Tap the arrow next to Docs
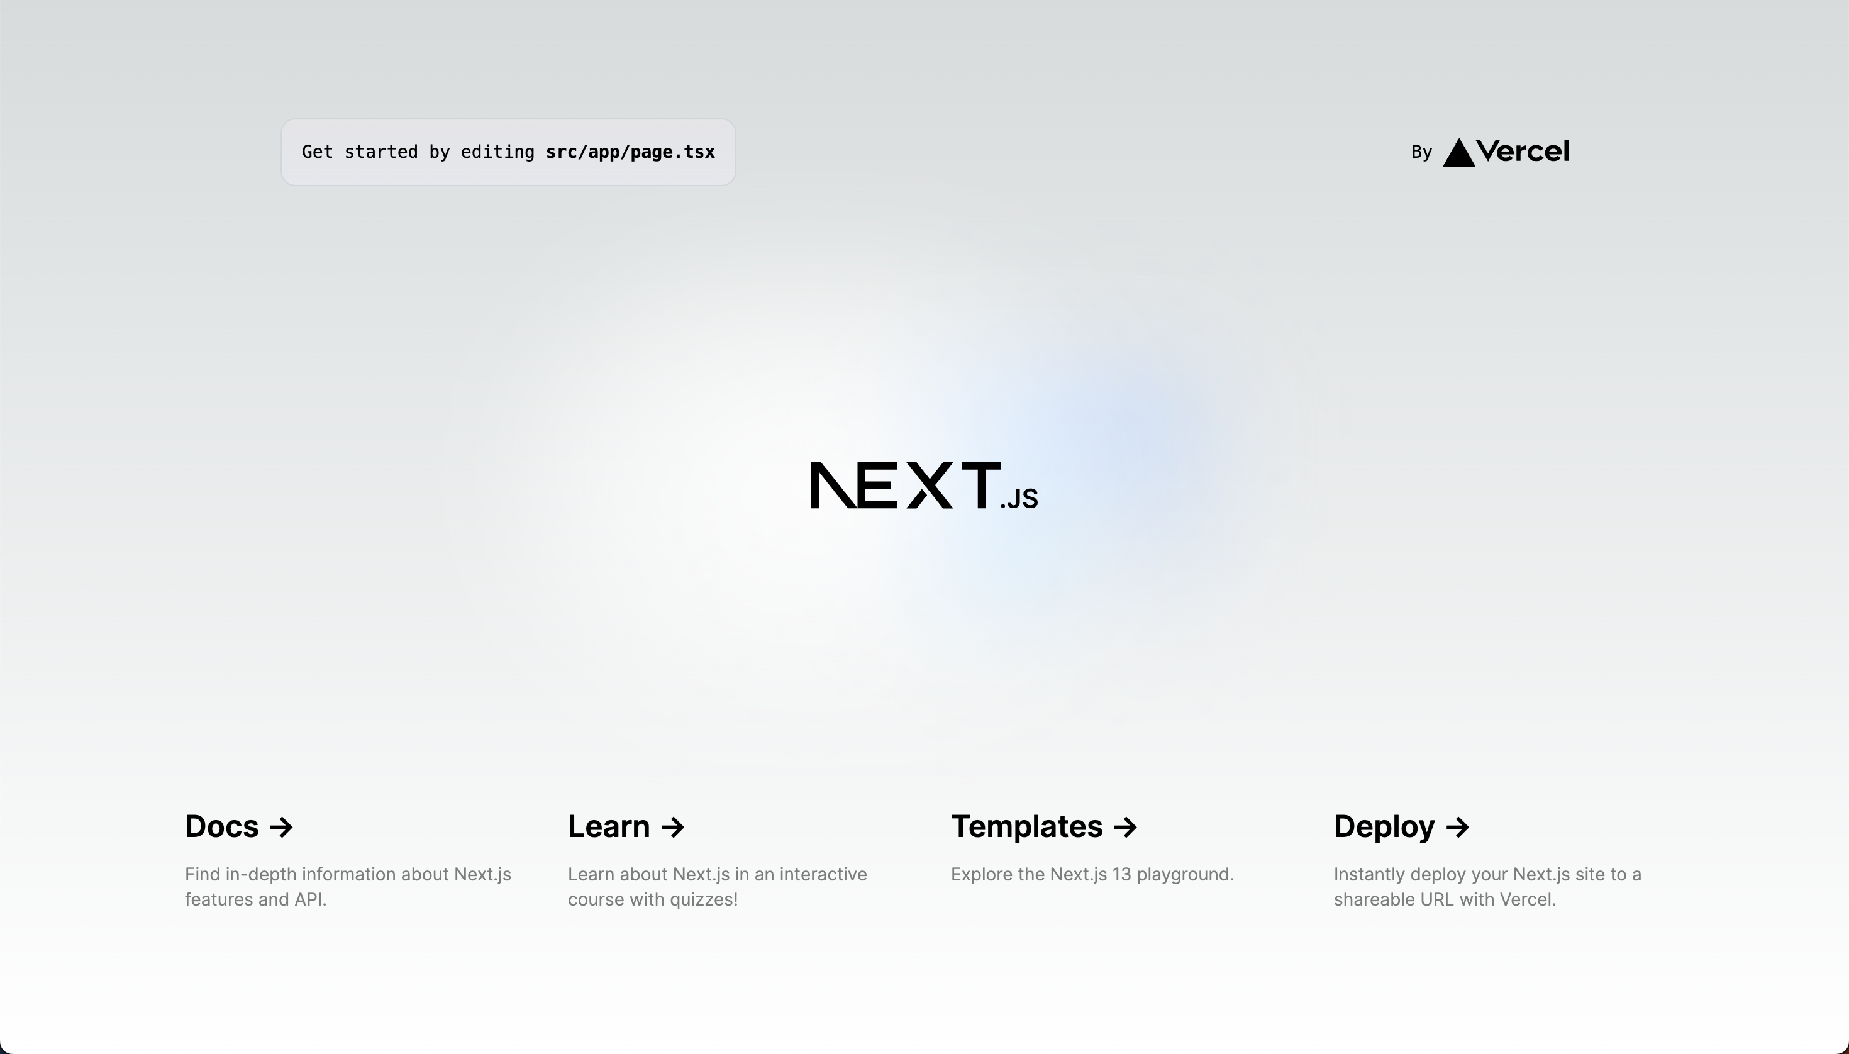point(282,827)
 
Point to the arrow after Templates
point(1126,827)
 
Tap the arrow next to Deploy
point(1458,827)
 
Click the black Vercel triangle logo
point(1459,153)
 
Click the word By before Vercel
point(1421,152)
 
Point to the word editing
point(497,152)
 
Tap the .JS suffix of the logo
point(1019,499)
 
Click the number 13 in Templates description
point(1121,875)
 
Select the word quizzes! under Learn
point(703,900)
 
